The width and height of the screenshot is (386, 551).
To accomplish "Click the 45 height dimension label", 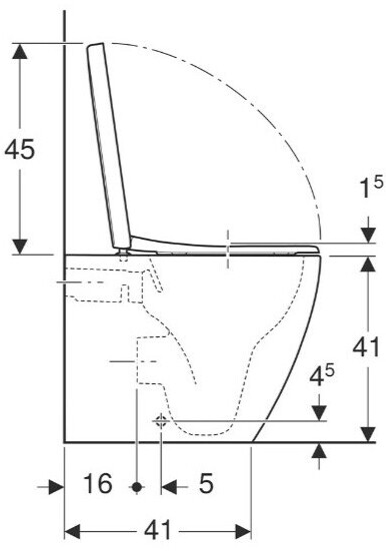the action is [20, 149].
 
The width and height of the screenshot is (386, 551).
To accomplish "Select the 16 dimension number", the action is [98, 483].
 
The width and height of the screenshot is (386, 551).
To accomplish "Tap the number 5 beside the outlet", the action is [206, 483].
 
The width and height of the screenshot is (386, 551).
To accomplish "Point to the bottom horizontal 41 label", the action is [157, 530].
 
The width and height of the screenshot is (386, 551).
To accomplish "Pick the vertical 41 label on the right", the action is [367, 347].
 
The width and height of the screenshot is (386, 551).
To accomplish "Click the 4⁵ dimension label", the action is [322, 375].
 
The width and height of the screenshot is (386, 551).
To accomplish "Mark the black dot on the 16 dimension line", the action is [137, 487].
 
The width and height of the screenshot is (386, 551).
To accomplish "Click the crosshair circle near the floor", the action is [161, 420].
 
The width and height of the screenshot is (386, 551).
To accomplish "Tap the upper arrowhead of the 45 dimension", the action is [20, 51].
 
